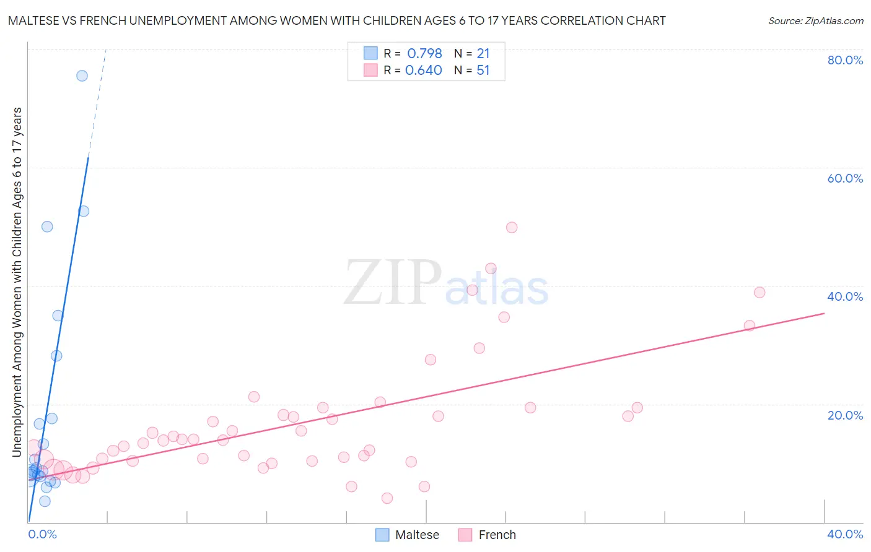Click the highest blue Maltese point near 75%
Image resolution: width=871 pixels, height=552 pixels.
tap(82, 76)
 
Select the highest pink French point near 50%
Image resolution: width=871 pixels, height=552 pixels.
tap(512, 228)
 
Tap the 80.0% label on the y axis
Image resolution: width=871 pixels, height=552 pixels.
tap(845, 60)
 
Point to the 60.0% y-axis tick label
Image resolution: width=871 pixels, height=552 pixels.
tap(845, 178)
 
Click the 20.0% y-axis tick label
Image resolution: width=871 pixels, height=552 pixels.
tap(845, 415)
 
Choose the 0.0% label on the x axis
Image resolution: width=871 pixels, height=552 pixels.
tap(42, 534)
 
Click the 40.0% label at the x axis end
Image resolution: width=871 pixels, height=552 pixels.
tap(845, 534)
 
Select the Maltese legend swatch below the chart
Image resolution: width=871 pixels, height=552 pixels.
tap(383, 535)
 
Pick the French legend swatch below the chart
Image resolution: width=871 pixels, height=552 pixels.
tap(465, 535)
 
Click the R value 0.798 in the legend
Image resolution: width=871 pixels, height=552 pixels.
tap(424, 54)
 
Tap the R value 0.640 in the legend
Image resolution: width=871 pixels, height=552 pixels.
tap(424, 71)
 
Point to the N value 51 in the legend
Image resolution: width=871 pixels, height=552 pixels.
tap(483, 71)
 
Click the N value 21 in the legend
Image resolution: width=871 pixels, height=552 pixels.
tap(483, 54)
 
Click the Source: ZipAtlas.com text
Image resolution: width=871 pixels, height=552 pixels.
tap(815, 21)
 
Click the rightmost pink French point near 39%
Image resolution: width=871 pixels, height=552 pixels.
tap(759, 293)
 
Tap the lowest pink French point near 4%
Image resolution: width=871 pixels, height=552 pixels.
tap(387, 498)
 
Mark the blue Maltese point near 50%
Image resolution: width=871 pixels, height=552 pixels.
tap(47, 226)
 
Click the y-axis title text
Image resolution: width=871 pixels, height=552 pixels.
tap(17, 282)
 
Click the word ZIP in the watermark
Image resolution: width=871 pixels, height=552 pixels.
tap(393, 283)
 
